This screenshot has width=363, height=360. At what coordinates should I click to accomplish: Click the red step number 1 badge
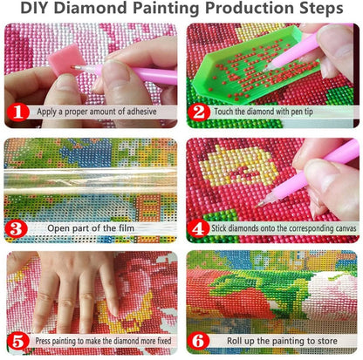pyautogui.click(x=17, y=112)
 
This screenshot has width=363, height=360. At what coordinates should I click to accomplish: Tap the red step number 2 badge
pyautogui.click(x=199, y=112)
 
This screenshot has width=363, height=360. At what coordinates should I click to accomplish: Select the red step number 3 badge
pyautogui.click(x=17, y=230)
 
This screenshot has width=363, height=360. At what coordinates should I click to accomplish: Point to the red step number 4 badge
pyautogui.click(x=199, y=230)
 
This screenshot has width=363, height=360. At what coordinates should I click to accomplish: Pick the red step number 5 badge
pyautogui.click(x=17, y=342)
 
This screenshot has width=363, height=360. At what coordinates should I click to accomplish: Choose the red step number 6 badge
pyautogui.click(x=199, y=342)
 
